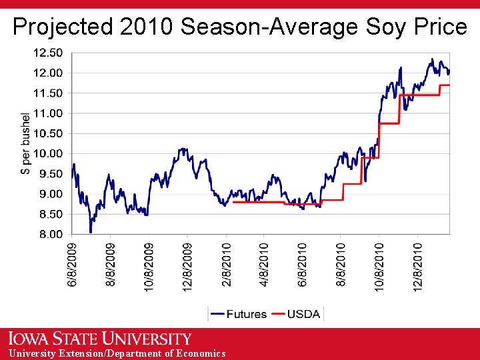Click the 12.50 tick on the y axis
pyautogui.click(x=49, y=52)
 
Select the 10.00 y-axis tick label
pyautogui.click(x=49, y=153)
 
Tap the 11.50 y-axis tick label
pyautogui.click(x=49, y=93)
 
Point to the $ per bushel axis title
pyautogui.click(x=26, y=143)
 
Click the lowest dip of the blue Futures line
pyautogui.click(x=91, y=231)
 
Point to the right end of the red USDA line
pyautogui.click(x=449, y=85)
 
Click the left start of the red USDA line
pyautogui.click(x=233, y=202)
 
